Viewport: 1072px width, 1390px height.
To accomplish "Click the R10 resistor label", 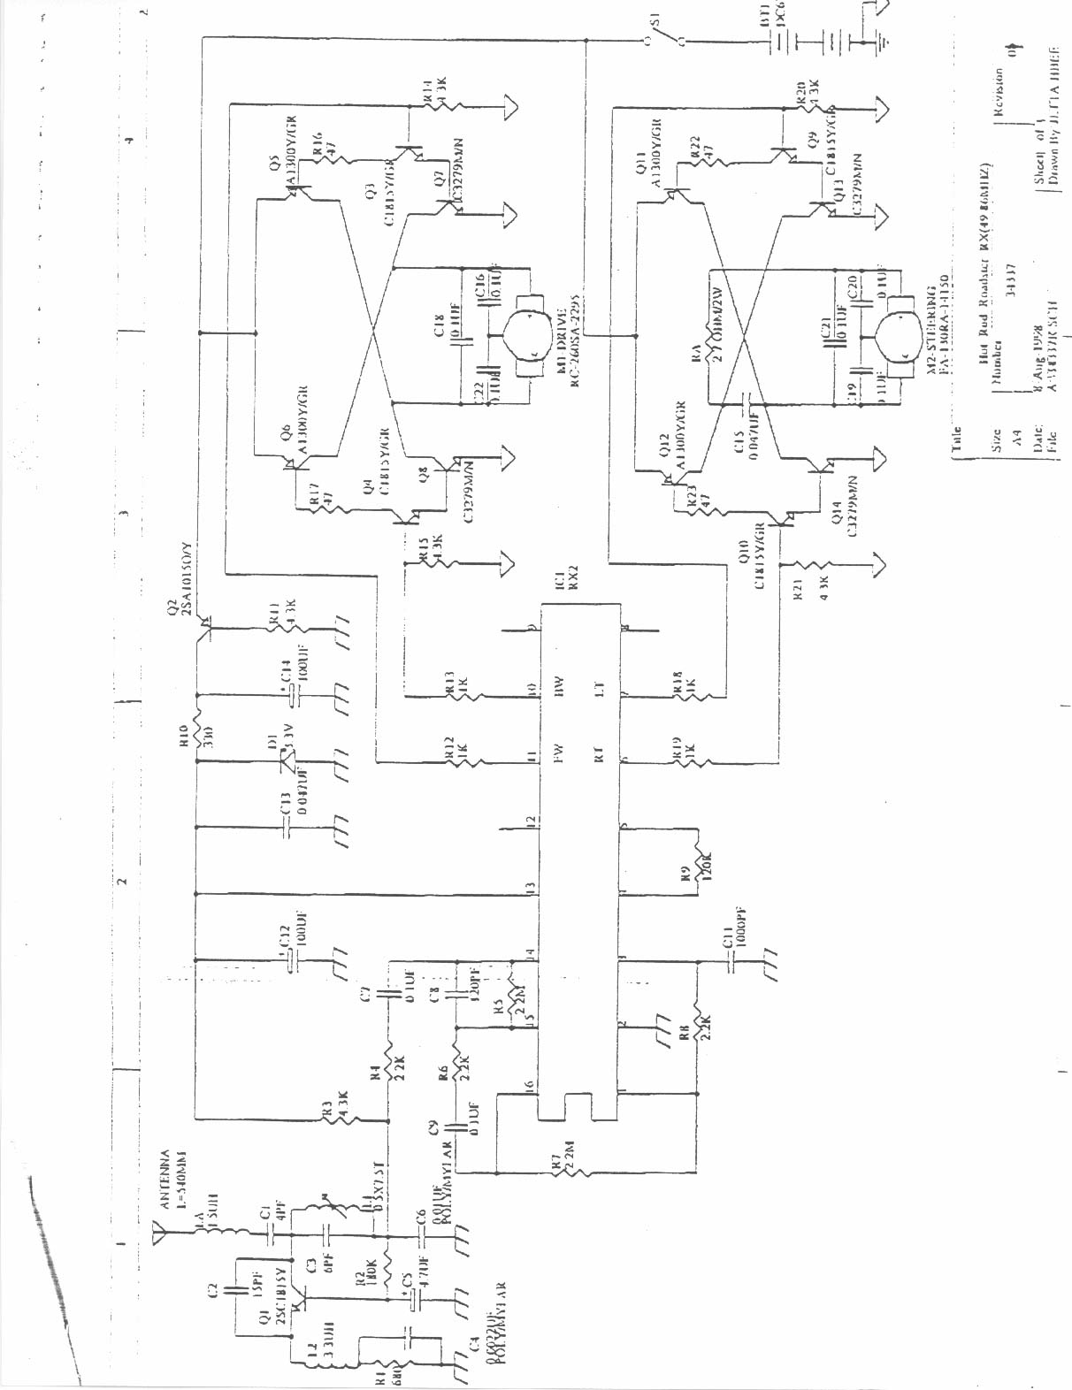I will click(x=182, y=737).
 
